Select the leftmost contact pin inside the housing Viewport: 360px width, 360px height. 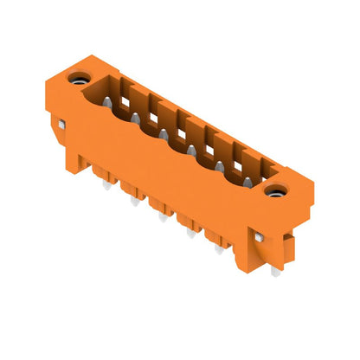point(105,102)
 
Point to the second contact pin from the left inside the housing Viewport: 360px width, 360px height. point(134,118)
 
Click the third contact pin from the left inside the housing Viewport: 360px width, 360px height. point(164,133)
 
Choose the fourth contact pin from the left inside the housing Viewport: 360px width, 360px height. point(192,149)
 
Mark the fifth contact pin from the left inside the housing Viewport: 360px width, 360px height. point(220,164)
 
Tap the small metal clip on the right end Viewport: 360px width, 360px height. point(260,235)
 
